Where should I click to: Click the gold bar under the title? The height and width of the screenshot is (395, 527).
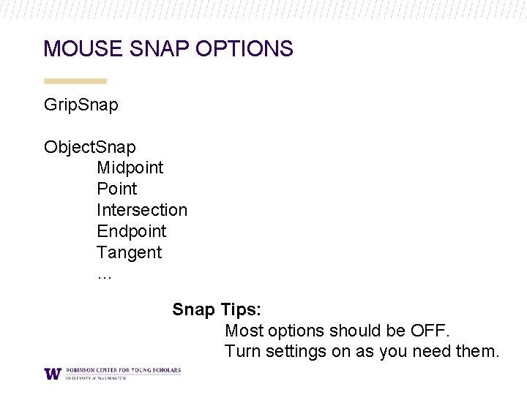75,80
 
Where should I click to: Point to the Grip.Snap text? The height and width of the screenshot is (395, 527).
81,105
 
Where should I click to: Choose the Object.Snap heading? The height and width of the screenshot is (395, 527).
89,147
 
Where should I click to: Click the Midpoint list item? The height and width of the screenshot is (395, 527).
130,168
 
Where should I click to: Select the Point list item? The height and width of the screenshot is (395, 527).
116,189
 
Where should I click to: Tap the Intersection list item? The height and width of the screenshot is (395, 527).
141,210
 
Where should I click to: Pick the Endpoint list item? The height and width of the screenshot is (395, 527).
131,231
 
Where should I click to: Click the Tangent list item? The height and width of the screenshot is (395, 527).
129,252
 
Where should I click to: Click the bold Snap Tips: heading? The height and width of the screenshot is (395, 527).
216,309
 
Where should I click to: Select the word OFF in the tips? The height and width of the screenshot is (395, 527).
428,331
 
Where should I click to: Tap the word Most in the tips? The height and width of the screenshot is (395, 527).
243,331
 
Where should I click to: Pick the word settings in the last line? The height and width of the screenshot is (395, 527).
296,352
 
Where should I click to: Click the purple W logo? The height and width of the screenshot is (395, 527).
52,373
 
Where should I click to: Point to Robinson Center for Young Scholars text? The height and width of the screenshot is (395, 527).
123,370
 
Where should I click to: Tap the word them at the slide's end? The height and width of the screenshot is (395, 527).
476,352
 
